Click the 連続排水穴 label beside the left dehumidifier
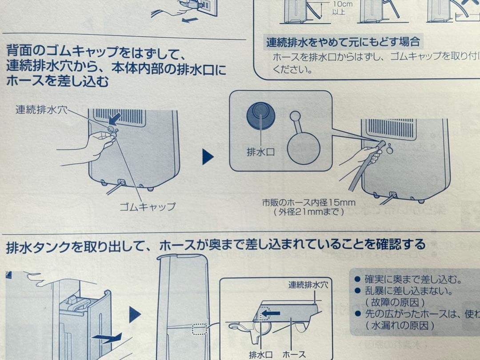pyautogui.click(x=42, y=109)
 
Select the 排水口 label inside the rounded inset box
pyautogui.click(x=260, y=152)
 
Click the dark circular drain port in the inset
pyautogui.click(x=261, y=115)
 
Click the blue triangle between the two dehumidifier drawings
pyautogui.click(x=208, y=157)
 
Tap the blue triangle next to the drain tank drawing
pyautogui.click(x=135, y=315)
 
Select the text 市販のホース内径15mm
pyautogui.click(x=309, y=203)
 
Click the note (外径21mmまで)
pyautogui.click(x=309, y=212)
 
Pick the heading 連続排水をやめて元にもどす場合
pyautogui.click(x=343, y=43)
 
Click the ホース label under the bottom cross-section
pyautogui.click(x=294, y=354)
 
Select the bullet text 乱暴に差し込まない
pyautogui.click(x=408, y=292)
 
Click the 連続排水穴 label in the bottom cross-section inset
pyautogui.click(x=308, y=285)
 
